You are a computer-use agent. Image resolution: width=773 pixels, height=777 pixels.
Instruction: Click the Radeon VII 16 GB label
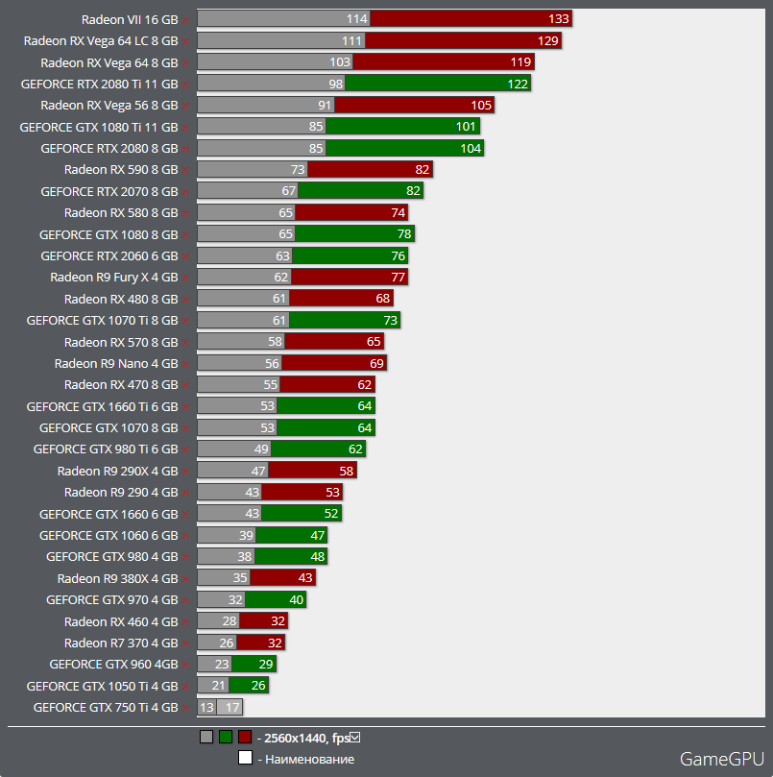130,18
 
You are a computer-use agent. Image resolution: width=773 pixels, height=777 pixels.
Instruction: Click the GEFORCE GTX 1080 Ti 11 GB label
99,127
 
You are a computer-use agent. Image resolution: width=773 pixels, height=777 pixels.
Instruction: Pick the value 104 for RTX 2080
471,148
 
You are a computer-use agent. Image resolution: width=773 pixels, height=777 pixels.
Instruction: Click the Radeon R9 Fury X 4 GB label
114,278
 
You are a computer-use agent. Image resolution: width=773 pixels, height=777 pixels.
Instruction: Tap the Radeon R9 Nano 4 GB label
116,364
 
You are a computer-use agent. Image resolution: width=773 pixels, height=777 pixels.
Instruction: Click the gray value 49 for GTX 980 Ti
261,449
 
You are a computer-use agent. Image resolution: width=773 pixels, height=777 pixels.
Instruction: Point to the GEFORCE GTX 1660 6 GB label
109,514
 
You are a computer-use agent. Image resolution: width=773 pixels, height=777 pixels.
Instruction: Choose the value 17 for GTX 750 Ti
231,708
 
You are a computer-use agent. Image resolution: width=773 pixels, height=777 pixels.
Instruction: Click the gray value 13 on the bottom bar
206,708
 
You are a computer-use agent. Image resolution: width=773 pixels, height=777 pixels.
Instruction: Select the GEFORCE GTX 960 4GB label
114,665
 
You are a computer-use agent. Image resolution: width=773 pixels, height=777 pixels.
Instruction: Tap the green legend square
226,738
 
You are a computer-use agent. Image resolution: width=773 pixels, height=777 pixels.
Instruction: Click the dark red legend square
245,738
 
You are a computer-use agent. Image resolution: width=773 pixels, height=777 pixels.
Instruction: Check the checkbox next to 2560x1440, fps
355,738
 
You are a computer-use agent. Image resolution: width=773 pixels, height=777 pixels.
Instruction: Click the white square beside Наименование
246,759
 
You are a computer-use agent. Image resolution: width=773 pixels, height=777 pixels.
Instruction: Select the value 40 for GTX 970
296,600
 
